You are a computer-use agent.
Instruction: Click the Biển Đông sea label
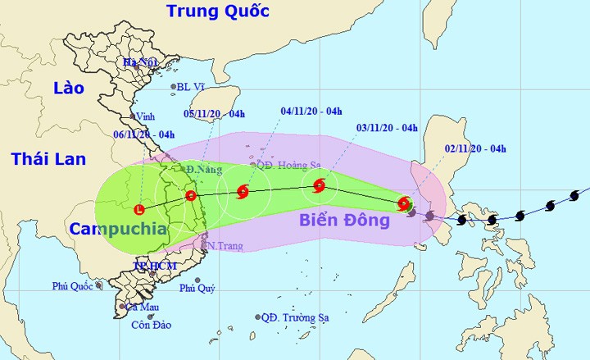pos(343,220)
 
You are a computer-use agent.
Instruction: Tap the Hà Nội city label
pos(139,62)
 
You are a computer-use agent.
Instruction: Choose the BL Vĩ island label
pos(193,87)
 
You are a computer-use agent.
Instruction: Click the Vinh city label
pos(145,116)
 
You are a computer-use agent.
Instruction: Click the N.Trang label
pos(224,245)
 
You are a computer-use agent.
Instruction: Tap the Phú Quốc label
pos(71,286)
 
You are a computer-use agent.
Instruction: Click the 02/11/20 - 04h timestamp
pos(475,148)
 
